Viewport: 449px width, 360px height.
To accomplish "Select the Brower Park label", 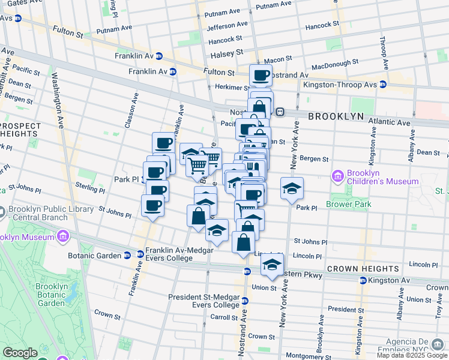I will click(x=349, y=204).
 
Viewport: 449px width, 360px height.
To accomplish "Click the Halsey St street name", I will click(x=226, y=54).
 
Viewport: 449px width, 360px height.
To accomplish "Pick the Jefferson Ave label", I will click(x=227, y=26).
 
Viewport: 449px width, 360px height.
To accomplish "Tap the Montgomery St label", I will click(x=305, y=356).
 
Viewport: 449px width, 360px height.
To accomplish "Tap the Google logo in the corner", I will click(x=20, y=353).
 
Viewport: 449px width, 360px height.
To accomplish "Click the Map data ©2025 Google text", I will click(x=412, y=355).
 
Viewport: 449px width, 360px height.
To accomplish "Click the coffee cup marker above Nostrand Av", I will click(x=261, y=76).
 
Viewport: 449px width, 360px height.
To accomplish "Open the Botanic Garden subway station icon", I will click(x=127, y=254).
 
